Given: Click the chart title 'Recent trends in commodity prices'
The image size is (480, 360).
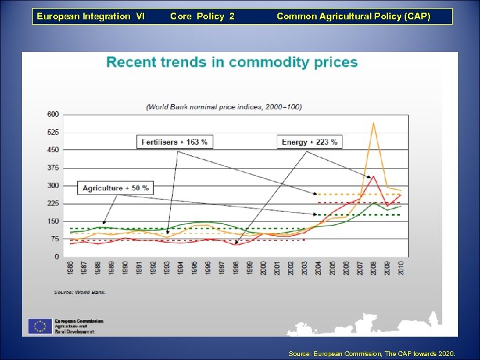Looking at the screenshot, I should [x=232, y=63].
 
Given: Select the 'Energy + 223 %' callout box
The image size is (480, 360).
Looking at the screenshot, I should [x=309, y=141].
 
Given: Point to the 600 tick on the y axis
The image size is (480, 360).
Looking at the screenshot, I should [x=53, y=114].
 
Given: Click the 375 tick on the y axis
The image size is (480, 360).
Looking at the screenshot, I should [x=53, y=167].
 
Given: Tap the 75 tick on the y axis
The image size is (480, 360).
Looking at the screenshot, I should [x=54, y=239].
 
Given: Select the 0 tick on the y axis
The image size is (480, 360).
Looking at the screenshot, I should [x=57, y=257].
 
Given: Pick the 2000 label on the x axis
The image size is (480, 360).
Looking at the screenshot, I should [x=263, y=267].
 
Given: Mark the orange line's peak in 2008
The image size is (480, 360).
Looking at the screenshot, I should [x=374, y=123].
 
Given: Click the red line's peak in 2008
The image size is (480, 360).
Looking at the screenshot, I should [x=374, y=176].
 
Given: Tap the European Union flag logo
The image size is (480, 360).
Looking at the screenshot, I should [x=39, y=326].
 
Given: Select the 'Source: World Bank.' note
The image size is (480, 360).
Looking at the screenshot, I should [x=80, y=292].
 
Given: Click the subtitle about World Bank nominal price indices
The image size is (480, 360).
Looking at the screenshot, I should [x=224, y=107].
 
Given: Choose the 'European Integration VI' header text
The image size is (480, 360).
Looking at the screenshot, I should [x=90, y=16].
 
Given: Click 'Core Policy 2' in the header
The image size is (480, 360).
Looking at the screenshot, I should [x=202, y=16].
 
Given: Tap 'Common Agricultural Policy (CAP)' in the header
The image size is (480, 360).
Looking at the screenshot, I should [x=353, y=16].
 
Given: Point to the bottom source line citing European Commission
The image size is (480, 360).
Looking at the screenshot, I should [x=371, y=353].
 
